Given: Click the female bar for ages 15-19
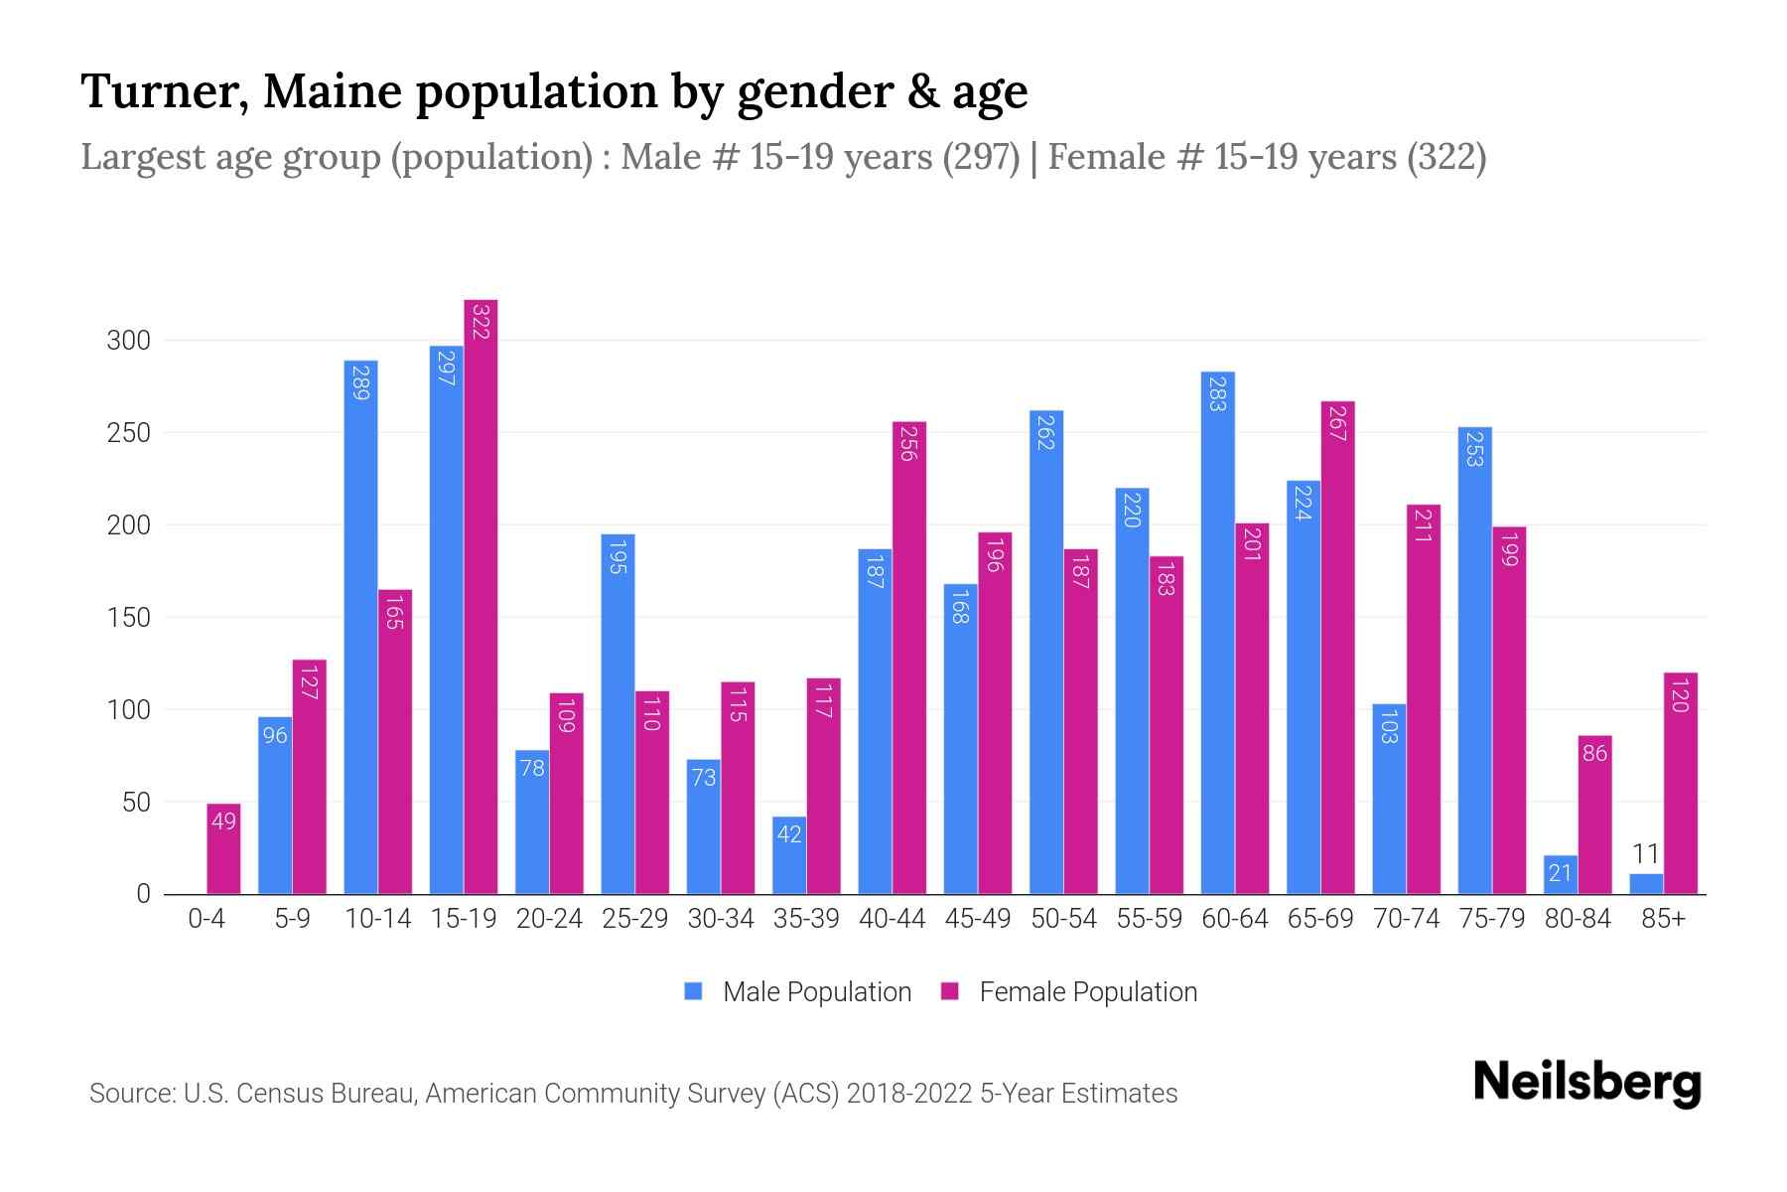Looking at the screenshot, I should tap(481, 596).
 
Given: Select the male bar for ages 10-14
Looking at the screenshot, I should tap(360, 626).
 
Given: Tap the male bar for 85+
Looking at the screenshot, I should tap(1646, 884).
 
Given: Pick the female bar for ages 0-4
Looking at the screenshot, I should tap(223, 849).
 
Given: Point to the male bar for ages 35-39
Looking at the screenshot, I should tap(789, 855).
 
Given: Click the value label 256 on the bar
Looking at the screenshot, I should tap(907, 443).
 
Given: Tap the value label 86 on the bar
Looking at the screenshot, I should tap(1594, 753).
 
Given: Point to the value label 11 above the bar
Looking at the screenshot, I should tap(1646, 854).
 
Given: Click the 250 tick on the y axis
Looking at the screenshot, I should tap(128, 433).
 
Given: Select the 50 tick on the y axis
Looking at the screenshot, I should tap(136, 803).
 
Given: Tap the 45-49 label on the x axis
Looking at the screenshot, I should tap(978, 919).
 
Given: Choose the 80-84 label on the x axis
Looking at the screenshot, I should tap(1578, 919).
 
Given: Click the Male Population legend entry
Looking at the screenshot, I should tap(816, 992).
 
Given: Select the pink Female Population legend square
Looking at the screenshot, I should tap(950, 991).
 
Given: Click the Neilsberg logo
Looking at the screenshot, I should tap(1586, 1083).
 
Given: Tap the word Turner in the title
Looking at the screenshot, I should tap(164, 91).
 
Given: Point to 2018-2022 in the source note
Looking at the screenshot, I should tap(909, 1094).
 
